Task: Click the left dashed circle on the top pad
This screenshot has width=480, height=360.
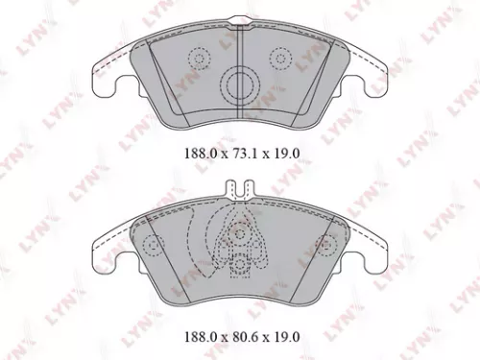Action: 199,60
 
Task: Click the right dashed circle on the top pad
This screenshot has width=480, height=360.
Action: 281,60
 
